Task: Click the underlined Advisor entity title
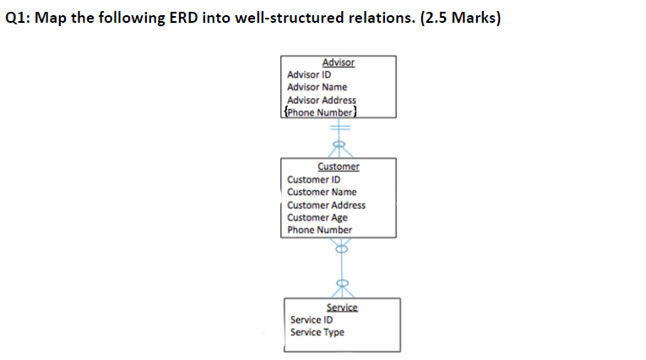click(x=338, y=63)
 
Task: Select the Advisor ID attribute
click(x=309, y=74)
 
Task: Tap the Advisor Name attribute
click(x=317, y=87)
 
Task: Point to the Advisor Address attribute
click(x=321, y=100)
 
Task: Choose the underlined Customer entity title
click(x=338, y=166)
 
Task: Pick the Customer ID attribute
click(x=313, y=179)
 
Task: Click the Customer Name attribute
click(x=322, y=192)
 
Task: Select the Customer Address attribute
click(x=326, y=205)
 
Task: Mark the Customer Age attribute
click(x=317, y=217)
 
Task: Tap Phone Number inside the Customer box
click(x=319, y=230)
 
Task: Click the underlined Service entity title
click(x=342, y=308)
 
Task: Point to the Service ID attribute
click(x=311, y=319)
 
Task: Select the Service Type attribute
click(x=317, y=332)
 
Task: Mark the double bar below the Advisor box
click(x=339, y=127)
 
